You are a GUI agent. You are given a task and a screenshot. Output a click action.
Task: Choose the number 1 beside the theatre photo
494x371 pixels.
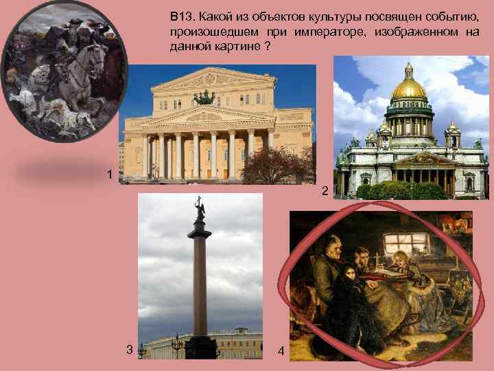coord(110,175)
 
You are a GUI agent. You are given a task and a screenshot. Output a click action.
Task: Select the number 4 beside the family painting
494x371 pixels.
coord(281,351)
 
